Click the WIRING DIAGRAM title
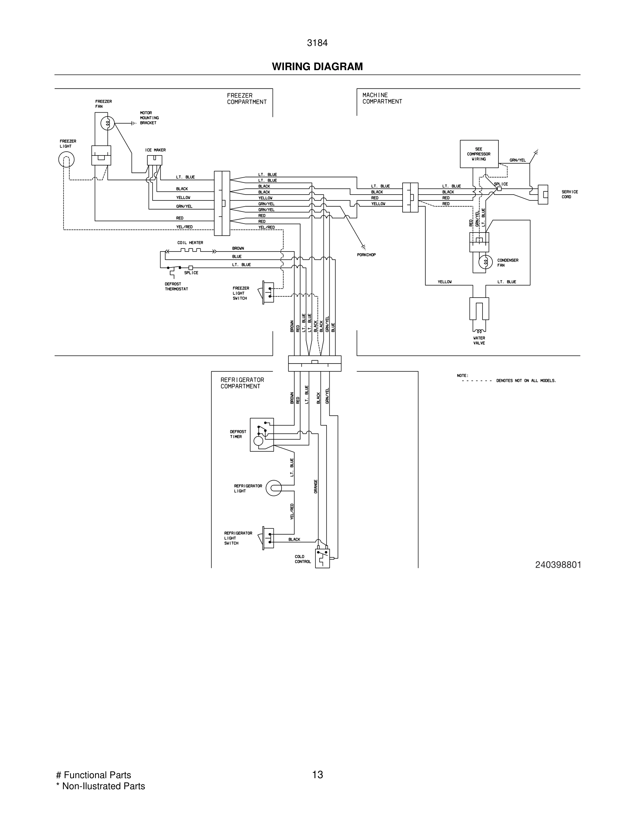click(317, 67)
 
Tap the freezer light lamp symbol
click(66, 160)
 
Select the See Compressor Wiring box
click(479, 154)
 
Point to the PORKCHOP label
click(366, 255)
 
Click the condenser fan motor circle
click(485, 262)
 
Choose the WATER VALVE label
click(479, 341)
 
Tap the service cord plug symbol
click(542, 194)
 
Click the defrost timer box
click(262, 435)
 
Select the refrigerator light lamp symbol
click(274, 488)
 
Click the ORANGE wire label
click(316, 487)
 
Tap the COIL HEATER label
click(190, 243)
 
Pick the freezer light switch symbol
click(268, 292)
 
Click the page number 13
click(317, 774)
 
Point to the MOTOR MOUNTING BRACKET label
click(149, 118)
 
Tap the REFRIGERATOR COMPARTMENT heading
click(242, 383)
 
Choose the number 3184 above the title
click(317, 43)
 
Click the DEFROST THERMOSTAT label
click(176, 286)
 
